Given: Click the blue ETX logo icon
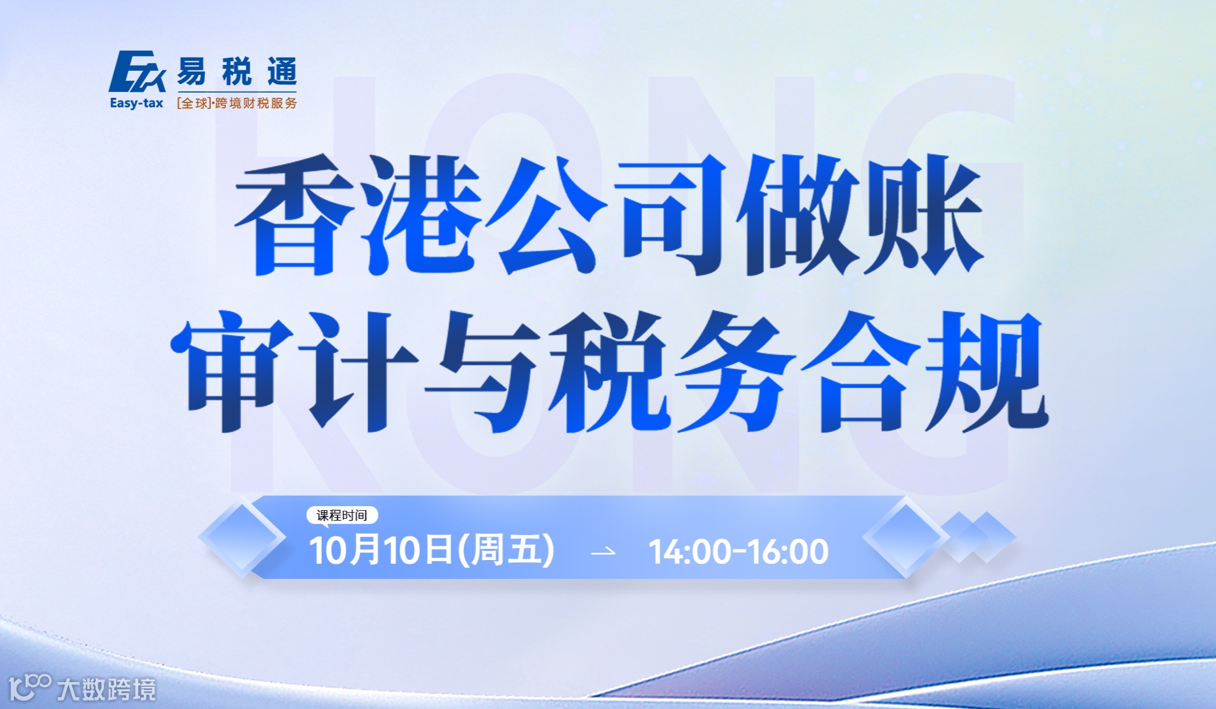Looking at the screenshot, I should (x=137, y=72).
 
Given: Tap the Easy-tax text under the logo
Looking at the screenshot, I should (x=136, y=103).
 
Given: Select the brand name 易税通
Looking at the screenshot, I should (x=236, y=72).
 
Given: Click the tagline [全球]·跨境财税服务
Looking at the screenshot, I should (x=236, y=103).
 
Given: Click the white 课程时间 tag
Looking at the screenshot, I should (x=342, y=515).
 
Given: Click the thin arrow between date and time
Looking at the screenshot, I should (x=603, y=552).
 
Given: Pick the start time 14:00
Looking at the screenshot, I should (x=689, y=551).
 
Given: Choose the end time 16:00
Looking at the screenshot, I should (x=788, y=551).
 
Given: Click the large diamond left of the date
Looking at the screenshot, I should (x=242, y=538).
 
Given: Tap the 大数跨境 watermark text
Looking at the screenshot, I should (x=106, y=689).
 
